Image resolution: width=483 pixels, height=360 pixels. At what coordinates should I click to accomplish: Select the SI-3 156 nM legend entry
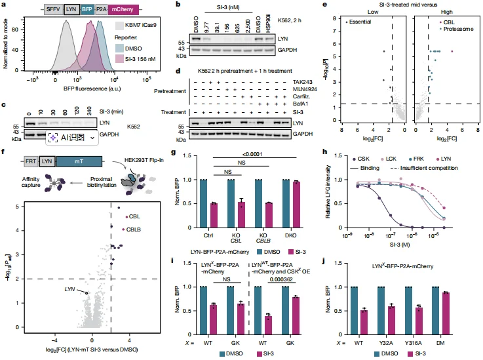[x=147, y=58]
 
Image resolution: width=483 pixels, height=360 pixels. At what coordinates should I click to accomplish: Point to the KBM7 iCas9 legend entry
[x=144, y=27]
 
